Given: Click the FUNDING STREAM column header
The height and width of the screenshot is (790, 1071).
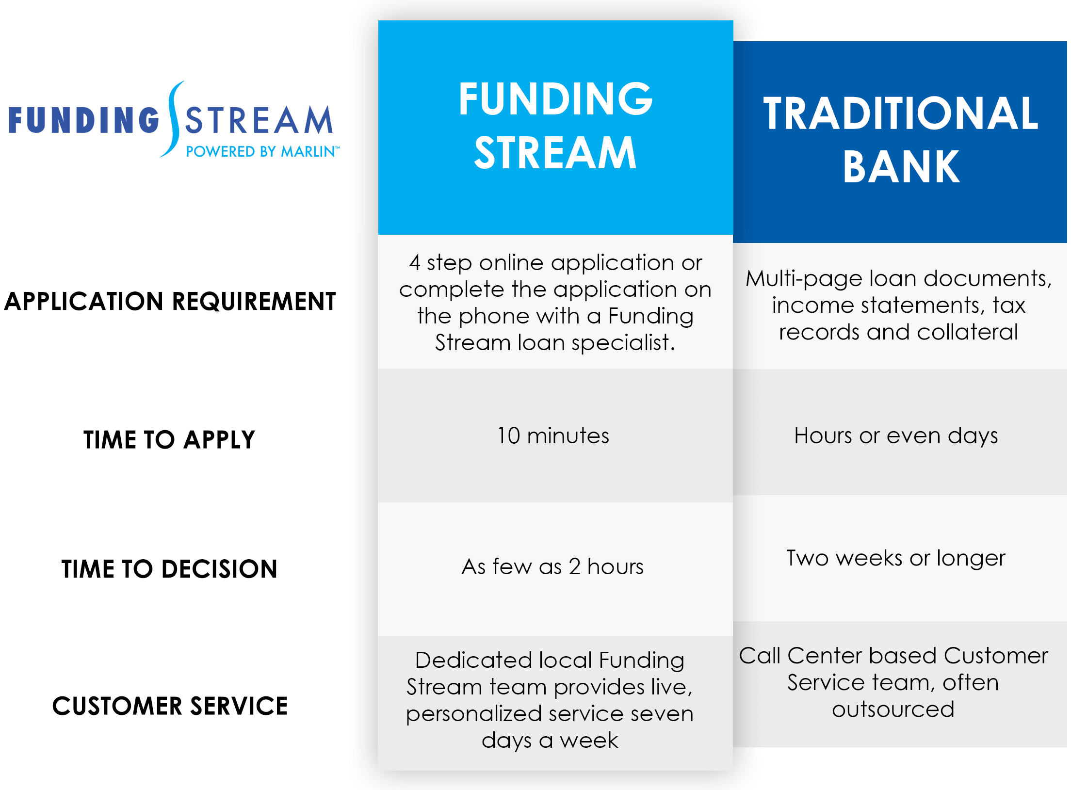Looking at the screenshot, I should [555, 126].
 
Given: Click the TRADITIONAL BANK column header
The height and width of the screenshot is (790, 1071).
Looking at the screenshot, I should [901, 141].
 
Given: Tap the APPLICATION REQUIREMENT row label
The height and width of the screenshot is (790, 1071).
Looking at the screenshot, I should [170, 301].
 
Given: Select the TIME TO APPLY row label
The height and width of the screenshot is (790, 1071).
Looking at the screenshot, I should [169, 440].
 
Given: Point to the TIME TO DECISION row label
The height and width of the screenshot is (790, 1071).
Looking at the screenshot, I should [169, 569].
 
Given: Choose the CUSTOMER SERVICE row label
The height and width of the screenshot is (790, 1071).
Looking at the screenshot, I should [170, 706].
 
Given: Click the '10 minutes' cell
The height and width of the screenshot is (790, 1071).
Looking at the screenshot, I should [553, 435].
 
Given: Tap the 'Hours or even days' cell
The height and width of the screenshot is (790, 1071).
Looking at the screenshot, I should [896, 435].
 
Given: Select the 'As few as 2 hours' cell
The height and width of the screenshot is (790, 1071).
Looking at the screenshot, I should [552, 566].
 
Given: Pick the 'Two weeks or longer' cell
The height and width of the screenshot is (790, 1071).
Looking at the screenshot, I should [895, 558].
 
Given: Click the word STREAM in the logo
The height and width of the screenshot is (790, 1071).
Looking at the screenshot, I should [259, 120].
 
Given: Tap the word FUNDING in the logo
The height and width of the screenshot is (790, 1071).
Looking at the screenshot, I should [84, 120].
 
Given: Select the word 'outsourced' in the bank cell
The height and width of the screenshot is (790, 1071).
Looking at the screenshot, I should [893, 709].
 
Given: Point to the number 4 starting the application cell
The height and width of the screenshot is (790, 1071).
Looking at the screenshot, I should [414, 262].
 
